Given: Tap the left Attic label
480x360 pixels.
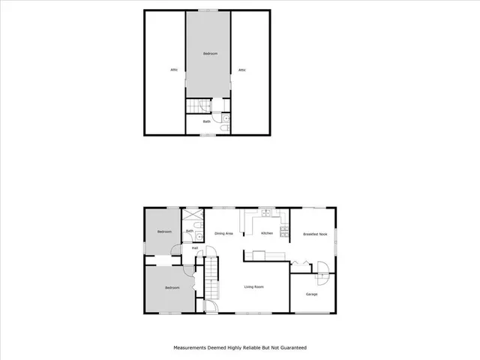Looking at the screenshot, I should coord(173,70).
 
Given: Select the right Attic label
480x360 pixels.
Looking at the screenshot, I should coord(242,70).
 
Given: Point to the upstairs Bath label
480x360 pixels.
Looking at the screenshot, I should coord(207,121).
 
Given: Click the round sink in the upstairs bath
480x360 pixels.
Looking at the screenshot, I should coord(226,118).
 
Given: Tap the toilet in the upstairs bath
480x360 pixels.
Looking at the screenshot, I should coord(225,130).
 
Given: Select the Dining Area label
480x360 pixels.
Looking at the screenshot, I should coord(224,234).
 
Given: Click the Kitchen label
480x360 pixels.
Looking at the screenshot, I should coord(266,234).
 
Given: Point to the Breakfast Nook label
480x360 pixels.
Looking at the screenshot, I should coord(315,235).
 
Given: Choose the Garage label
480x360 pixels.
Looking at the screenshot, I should coord(311,294).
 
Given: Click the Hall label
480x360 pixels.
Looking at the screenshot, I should coord(195,247).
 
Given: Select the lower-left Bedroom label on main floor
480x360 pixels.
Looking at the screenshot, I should coord(172,288).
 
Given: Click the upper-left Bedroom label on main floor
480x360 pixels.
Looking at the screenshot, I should coord(164,232).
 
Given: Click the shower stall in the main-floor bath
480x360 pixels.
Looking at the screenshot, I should coord(193,215).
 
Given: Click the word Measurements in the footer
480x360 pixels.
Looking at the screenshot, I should coord(191,348).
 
